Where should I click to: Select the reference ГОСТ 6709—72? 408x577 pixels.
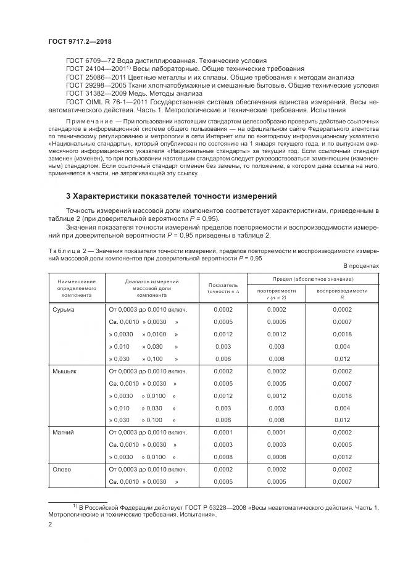point(90,60)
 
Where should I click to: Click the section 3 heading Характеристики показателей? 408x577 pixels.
point(171,196)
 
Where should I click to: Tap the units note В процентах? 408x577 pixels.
point(361,266)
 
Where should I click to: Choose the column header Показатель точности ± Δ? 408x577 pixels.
point(223,288)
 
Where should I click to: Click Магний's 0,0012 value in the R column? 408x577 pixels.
point(342,457)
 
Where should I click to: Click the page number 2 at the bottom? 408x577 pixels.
point(50,525)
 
